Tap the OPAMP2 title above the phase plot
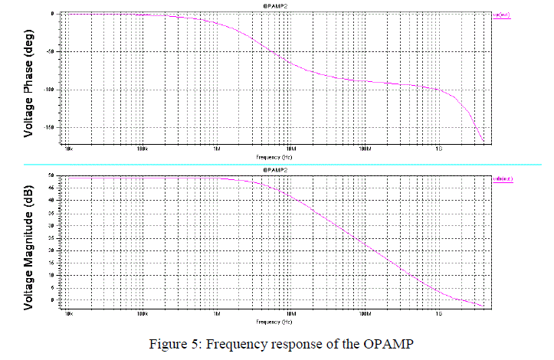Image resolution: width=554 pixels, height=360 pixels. [x=274, y=7]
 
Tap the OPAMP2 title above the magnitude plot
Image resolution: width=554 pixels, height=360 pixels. [x=274, y=169]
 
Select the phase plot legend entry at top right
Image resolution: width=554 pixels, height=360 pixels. [x=502, y=15]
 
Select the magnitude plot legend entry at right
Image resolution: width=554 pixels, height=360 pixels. [x=502, y=178]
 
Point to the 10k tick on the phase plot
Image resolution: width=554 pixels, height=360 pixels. [x=68, y=148]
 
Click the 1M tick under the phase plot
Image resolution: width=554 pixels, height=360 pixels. [x=217, y=148]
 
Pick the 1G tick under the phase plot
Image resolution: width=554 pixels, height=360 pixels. [x=439, y=148]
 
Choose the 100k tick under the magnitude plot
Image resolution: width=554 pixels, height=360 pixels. [x=143, y=313]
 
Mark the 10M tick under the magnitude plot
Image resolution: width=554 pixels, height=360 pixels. [x=291, y=313]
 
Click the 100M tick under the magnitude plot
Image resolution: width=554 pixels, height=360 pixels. [x=365, y=313]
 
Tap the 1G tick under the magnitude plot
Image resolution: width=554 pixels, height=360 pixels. [x=439, y=313]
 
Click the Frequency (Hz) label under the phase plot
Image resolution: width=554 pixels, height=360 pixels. [x=274, y=155]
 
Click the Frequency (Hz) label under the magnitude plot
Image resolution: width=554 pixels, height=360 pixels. [x=274, y=320]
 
